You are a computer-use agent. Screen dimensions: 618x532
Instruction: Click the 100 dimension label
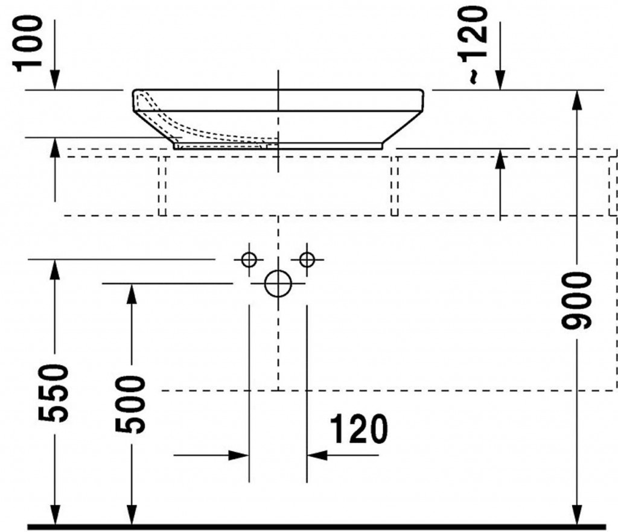click(x=27, y=43)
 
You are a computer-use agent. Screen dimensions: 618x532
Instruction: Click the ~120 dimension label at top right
click(x=473, y=44)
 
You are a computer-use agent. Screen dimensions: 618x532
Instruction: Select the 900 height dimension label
click(x=576, y=300)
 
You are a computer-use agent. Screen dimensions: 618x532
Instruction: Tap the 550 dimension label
click(x=53, y=393)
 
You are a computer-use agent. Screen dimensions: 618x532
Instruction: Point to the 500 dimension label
click(x=130, y=404)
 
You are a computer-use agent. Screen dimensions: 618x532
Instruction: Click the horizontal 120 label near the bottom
click(x=358, y=428)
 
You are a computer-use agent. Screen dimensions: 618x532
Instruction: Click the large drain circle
click(x=278, y=283)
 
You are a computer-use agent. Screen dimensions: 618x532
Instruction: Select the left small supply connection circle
click(x=249, y=259)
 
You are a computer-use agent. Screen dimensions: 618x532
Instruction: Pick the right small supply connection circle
click(x=307, y=259)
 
